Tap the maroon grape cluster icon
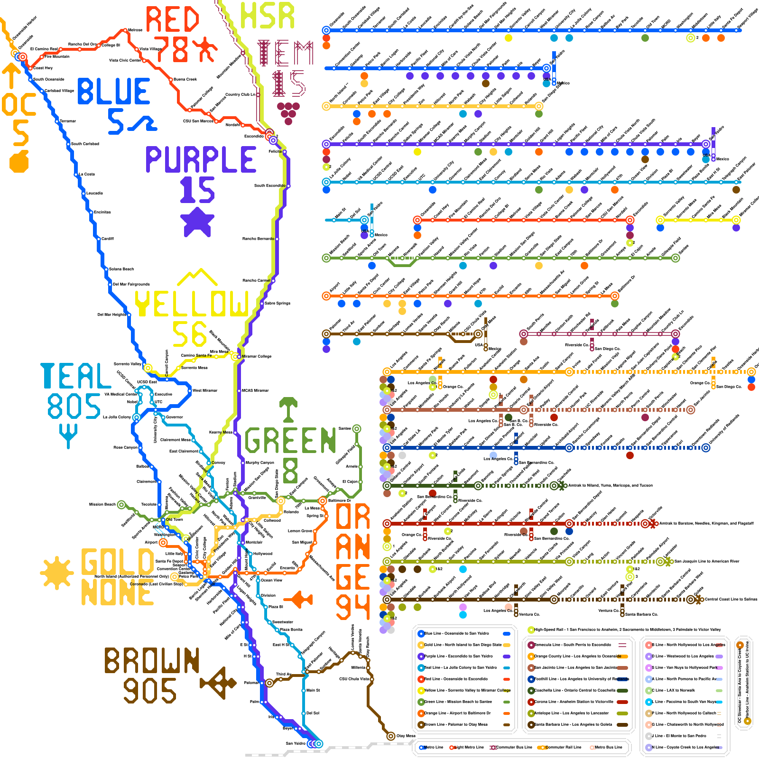(288, 112)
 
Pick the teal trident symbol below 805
(69, 435)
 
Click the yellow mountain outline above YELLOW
(196, 278)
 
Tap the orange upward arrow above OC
(11, 76)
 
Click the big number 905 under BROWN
(150, 691)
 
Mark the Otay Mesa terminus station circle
(390, 736)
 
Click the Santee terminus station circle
(357, 429)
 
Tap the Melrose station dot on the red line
(125, 30)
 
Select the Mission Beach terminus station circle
(121, 504)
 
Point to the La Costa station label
(87, 174)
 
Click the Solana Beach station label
(121, 269)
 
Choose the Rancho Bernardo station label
(258, 239)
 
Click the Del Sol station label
(313, 713)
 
